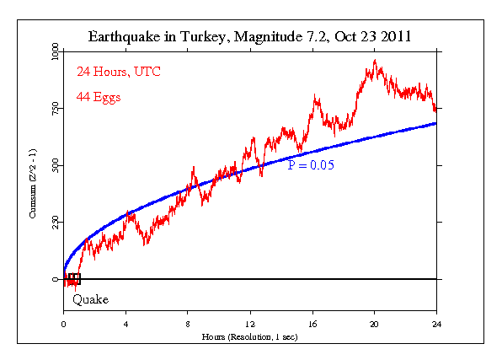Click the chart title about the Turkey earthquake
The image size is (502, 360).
[x=250, y=37]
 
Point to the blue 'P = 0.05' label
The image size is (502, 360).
[x=311, y=166]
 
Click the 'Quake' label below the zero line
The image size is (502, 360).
[x=90, y=299]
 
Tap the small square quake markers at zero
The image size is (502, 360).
[x=73, y=279]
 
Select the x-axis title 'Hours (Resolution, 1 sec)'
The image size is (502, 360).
[x=249, y=336]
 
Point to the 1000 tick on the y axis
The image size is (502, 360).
[x=52, y=53]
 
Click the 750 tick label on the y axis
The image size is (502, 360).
[x=54, y=109]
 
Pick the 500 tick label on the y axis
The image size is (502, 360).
[x=54, y=166]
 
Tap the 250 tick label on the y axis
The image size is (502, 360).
[x=54, y=223]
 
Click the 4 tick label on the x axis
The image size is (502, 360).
[x=125, y=324]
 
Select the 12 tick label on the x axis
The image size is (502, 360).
[x=250, y=324]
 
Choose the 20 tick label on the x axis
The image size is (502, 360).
[x=374, y=324]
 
